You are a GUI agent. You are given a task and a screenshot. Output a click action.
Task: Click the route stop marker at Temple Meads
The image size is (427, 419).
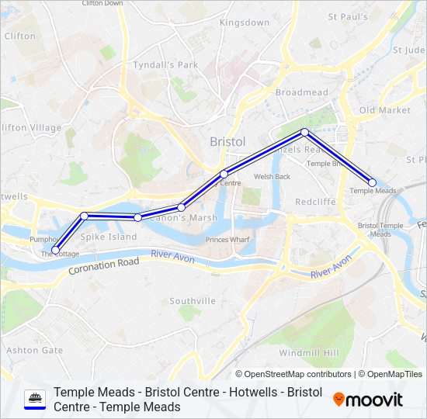[372, 182]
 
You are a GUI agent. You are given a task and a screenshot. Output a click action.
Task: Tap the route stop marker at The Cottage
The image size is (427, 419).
[55, 250]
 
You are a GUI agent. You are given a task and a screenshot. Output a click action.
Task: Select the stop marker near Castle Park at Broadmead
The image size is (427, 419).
[304, 132]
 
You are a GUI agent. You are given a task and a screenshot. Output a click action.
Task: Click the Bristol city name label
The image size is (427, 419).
[227, 142]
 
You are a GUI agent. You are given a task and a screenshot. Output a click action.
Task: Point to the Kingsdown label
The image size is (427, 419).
[244, 23]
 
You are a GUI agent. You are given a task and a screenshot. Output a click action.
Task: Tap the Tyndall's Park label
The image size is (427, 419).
[165, 65]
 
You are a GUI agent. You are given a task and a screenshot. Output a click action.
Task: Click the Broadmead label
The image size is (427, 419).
[301, 92]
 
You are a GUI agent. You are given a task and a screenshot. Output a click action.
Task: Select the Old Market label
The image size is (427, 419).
[384, 110]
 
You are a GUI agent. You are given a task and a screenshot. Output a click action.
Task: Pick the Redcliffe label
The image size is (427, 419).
[315, 202]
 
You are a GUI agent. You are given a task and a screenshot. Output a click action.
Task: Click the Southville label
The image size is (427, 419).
[193, 300]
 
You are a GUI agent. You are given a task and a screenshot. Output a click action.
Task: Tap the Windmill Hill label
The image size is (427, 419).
[308, 353]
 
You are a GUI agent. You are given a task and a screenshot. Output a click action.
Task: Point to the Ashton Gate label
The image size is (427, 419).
[34, 350]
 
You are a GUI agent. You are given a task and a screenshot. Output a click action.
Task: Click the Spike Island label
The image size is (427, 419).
[109, 237]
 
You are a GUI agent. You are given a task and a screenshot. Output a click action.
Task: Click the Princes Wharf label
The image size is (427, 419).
[227, 240]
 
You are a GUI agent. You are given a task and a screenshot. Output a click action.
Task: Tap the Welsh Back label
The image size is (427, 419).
[272, 176]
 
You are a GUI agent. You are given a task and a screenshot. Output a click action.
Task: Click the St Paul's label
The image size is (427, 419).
[347, 16]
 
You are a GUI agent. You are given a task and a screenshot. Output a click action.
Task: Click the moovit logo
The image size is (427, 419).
[368, 400]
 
